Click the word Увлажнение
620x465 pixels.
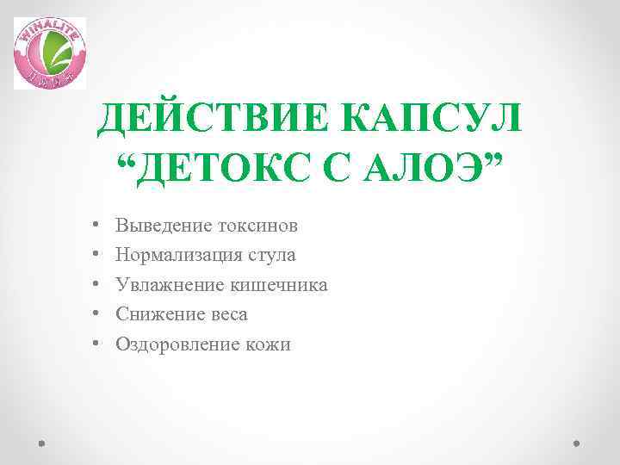170,285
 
